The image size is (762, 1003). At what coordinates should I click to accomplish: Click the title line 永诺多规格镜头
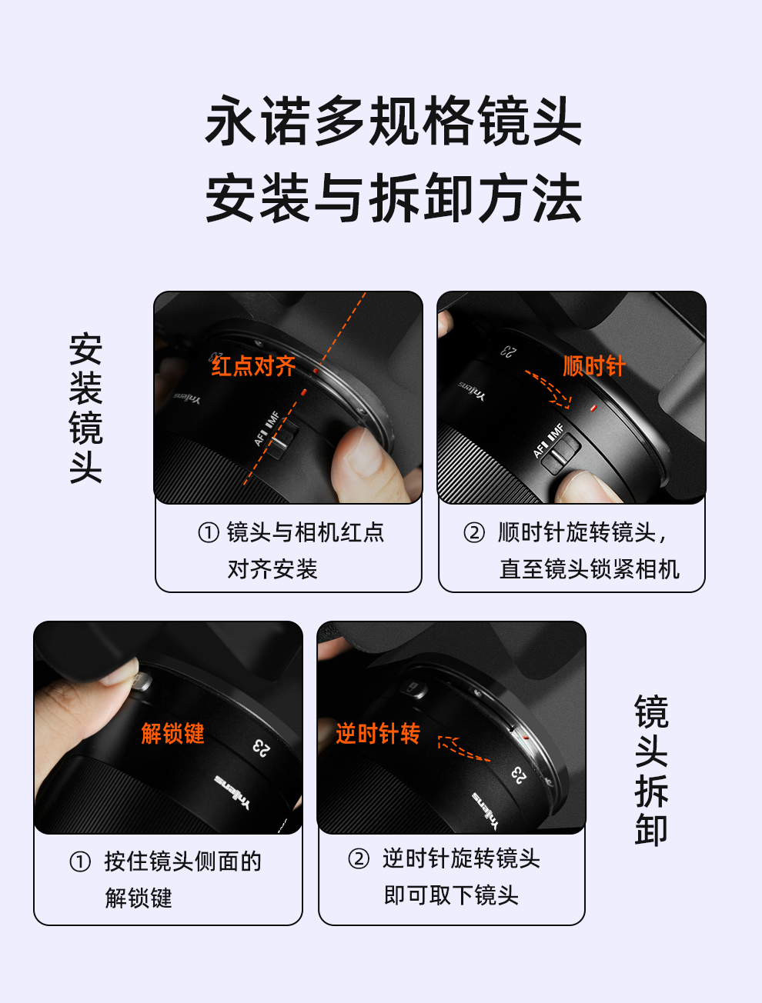pyautogui.click(x=393, y=121)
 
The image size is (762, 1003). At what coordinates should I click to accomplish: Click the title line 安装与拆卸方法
pyautogui.click(x=393, y=198)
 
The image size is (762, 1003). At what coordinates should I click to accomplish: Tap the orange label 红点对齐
pyautogui.click(x=253, y=366)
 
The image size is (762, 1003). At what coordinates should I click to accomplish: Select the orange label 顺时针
pyautogui.click(x=593, y=365)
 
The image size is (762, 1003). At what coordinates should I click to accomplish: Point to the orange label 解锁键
pyautogui.click(x=172, y=733)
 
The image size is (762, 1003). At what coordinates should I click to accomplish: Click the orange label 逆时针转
pyautogui.click(x=378, y=733)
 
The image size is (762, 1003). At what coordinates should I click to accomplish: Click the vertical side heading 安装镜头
pyautogui.click(x=85, y=408)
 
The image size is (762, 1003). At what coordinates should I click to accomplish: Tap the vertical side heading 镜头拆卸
pyautogui.click(x=651, y=771)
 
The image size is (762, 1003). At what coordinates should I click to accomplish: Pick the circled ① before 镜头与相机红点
pyautogui.click(x=209, y=533)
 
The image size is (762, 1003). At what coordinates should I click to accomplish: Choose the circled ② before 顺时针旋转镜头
pyautogui.click(x=474, y=533)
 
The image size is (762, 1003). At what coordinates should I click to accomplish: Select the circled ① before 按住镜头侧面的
pyautogui.click(x=80, y=862)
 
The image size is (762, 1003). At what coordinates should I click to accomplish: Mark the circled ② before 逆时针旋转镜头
pyautogui.click(x=359, y=858)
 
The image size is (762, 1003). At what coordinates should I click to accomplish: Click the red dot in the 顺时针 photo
pyautogui.click(x=593, y=408)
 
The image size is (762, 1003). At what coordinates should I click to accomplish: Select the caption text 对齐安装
pyautogui.click(x=272, y=569)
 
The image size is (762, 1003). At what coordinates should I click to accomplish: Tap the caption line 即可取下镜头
pyautogui.click(x=451, y=895)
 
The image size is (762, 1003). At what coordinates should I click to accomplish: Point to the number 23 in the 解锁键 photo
pyautogui.click(x=262, y=748)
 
